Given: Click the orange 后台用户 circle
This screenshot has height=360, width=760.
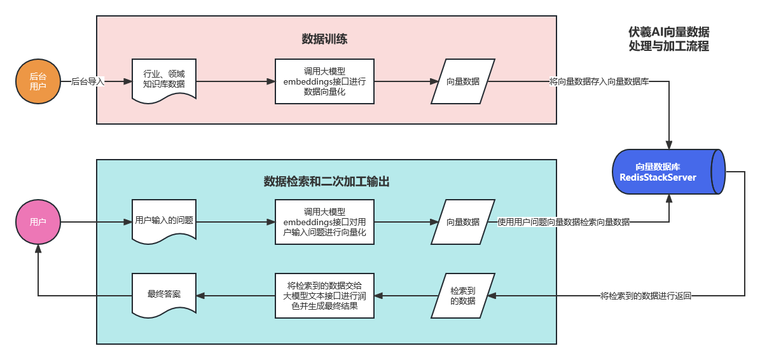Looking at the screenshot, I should click(38, 81).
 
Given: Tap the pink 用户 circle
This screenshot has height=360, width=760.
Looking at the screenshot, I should click(38, 222).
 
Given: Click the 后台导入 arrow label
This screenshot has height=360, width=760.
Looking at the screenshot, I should click(88, 81).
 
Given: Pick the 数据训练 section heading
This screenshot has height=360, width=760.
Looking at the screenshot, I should click(324, 39).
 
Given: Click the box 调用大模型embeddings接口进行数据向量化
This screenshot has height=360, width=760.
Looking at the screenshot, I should click(324, 81).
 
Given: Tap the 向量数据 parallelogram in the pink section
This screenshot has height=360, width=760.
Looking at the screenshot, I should click(463, 81).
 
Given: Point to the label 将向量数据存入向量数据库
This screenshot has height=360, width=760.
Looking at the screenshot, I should click(599, 81).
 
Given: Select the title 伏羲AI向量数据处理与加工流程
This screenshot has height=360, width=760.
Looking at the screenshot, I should click(668, 39).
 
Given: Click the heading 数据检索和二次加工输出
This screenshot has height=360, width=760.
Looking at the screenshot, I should click(326, 182).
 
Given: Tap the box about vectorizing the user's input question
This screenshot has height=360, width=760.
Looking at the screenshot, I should click(324, 222).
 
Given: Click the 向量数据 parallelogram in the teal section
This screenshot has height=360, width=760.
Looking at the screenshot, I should click(463, 222).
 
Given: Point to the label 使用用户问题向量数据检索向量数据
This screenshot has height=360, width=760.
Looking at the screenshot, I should click(563, 222).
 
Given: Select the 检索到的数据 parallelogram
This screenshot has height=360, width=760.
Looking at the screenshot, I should click(463, 296).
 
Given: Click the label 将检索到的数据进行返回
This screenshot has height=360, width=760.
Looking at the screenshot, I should click(646, 296).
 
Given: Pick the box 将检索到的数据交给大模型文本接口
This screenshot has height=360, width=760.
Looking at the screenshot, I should click(324, 296).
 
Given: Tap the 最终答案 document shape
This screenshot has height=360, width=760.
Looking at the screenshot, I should click(164, 294).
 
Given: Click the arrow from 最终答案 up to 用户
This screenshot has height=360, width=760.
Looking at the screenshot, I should click(38, 273).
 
